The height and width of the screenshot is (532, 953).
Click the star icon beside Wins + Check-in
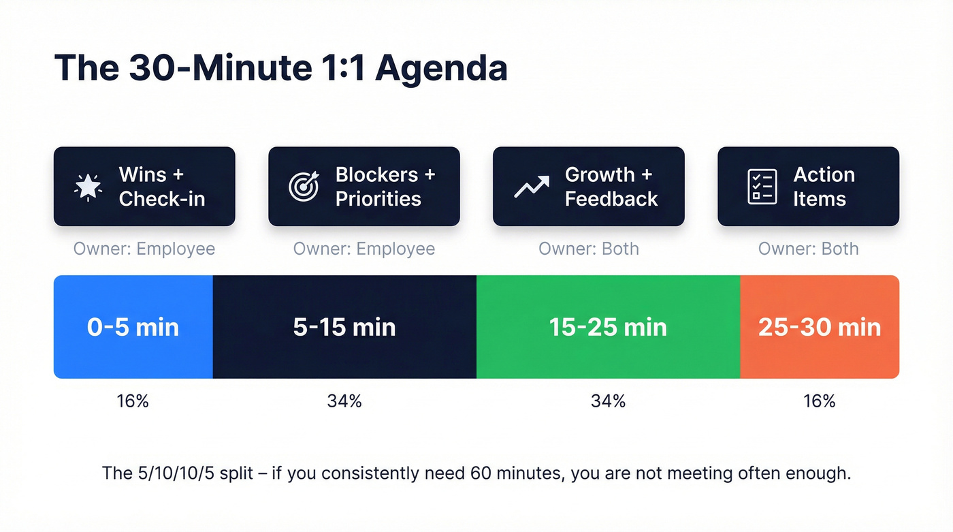pos(88,187)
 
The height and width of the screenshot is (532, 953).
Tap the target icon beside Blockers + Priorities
pos(304,187)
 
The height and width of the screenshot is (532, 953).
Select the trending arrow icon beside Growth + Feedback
pos(531,187)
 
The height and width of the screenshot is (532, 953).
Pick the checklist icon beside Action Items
pos(762,187)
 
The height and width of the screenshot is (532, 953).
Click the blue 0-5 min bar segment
pos(133,327)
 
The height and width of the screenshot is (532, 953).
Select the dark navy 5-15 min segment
pos(344,327)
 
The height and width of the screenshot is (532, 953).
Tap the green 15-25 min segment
pos(608,327)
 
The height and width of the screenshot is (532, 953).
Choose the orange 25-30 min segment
pos(820,327)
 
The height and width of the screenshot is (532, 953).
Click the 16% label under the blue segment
pos(133,401)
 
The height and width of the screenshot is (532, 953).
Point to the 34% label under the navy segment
pos(344,401)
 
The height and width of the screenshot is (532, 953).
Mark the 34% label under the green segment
pos(608,401)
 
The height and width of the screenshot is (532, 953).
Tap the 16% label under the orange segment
pos(820,401)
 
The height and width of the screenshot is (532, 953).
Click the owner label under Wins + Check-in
pos(144,249)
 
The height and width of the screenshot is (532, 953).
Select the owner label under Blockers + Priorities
pos(364,249)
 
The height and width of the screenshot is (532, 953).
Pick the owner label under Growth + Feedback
pos(589,249)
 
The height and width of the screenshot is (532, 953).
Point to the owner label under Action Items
pos(809,249)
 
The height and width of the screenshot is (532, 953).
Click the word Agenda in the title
pos(441,69)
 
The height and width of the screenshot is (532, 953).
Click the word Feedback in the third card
pos(611,199)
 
